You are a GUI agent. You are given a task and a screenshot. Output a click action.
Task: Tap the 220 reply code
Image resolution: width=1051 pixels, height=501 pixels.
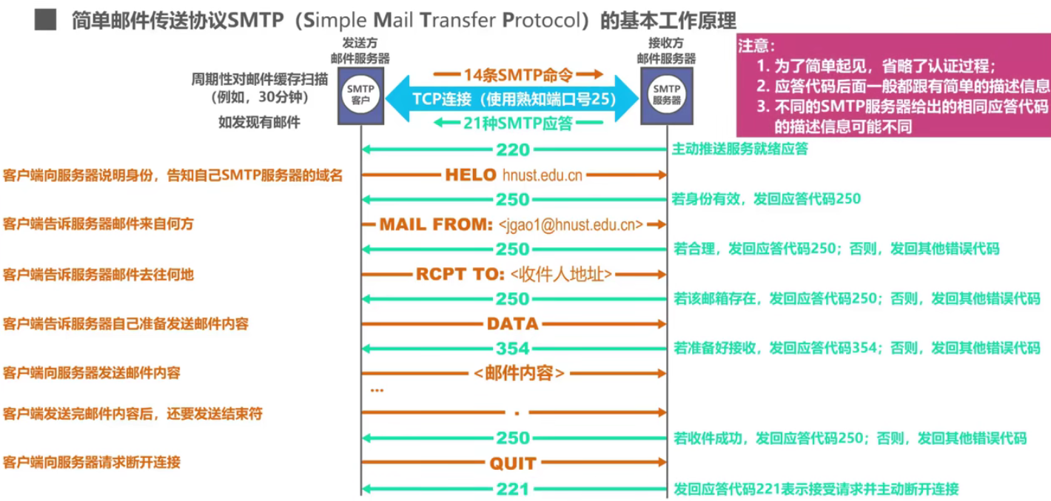513,150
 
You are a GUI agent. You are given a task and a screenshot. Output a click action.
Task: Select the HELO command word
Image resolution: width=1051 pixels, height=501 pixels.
471,175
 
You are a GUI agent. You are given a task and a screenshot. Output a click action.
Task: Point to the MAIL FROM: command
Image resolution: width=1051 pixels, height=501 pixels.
436,224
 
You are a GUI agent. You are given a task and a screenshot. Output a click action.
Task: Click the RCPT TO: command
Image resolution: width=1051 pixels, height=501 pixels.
460,274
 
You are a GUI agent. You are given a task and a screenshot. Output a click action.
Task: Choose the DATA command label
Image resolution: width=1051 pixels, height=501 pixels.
512,323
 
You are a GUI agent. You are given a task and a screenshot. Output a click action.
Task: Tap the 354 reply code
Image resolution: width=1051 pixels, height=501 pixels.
513,349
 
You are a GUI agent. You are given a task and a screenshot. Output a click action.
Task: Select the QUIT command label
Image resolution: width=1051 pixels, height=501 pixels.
512,464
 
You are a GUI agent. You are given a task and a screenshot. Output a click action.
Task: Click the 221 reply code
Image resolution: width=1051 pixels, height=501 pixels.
513,489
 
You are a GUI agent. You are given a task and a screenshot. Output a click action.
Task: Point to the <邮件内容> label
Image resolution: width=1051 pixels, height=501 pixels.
519,373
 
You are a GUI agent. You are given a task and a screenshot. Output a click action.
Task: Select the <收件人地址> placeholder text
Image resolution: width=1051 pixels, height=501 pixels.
561,275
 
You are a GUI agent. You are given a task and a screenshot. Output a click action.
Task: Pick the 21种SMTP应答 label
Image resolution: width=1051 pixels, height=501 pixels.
517,124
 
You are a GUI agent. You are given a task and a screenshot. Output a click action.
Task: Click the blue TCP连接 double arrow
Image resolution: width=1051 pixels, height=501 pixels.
514,98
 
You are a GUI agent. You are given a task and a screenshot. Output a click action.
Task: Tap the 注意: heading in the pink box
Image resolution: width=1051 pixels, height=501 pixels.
756,46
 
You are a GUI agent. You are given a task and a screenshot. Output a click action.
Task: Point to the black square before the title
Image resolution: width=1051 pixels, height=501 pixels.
46,19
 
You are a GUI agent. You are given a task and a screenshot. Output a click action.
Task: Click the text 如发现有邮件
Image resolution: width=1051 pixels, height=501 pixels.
259,123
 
